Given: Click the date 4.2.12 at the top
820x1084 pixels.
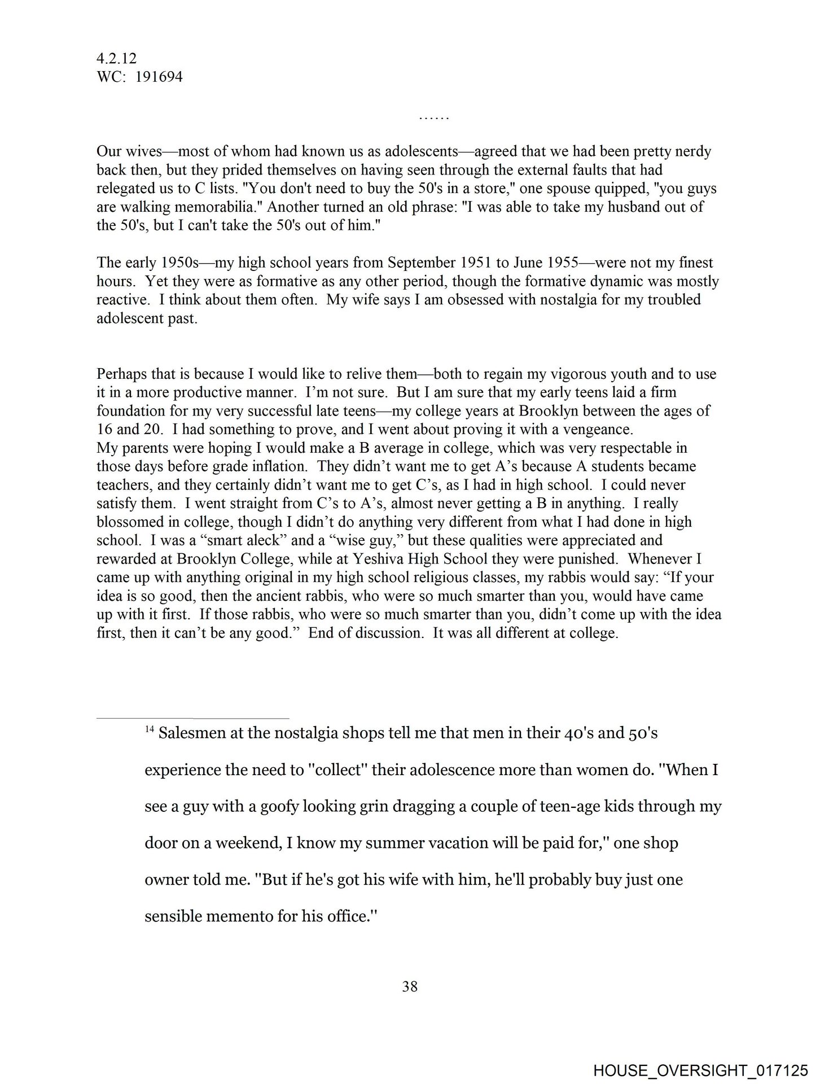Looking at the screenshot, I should click(116, 58).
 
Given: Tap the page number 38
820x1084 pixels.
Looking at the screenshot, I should click(410, 986).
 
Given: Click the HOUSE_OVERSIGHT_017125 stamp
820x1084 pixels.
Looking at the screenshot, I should click(700, 1070).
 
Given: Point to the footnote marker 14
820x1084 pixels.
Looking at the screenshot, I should click(149, 729).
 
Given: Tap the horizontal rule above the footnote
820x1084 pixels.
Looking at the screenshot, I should click(192, 719).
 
